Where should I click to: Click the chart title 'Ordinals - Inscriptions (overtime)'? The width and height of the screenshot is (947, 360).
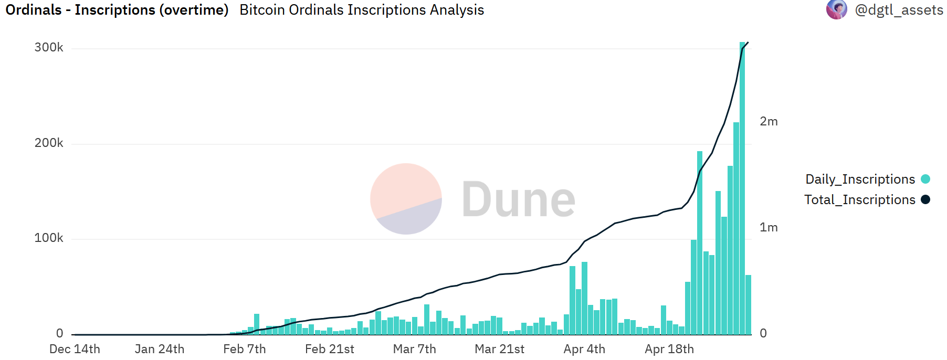(117, 10)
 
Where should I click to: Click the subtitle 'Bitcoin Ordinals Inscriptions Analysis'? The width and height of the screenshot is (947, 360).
(362, 10)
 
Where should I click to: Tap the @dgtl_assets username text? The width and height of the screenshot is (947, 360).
(899, 10)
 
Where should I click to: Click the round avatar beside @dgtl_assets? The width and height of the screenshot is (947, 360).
(836, 9)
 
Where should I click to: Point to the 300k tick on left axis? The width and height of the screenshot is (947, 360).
(49, 48)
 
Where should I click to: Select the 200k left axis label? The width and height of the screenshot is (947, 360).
(49, 143)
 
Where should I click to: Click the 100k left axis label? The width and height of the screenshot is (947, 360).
(49, 238)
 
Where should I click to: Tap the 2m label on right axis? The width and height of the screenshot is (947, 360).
(769, 122)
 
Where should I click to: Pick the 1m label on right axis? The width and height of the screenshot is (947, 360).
(769, 228)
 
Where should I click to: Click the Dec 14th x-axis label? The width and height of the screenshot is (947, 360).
(75, 350)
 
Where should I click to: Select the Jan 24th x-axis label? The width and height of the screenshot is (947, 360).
(160, 350)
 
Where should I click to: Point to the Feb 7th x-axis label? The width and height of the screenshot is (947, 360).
(245, 350)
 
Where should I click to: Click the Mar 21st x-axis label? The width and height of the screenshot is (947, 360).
(499, 350)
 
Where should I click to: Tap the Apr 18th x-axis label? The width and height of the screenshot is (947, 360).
(669, 350)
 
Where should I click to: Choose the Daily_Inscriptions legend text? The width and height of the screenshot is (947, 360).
(860, 179)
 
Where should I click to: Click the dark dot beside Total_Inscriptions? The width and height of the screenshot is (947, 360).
(925, 200)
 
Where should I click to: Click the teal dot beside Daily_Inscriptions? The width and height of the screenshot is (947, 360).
(925, 179)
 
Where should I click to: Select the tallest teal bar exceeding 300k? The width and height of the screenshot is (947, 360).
(742, 189)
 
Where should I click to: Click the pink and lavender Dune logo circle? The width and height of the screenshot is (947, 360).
(406, 199)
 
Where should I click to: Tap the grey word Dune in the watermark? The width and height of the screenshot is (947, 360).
(519, 199)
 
